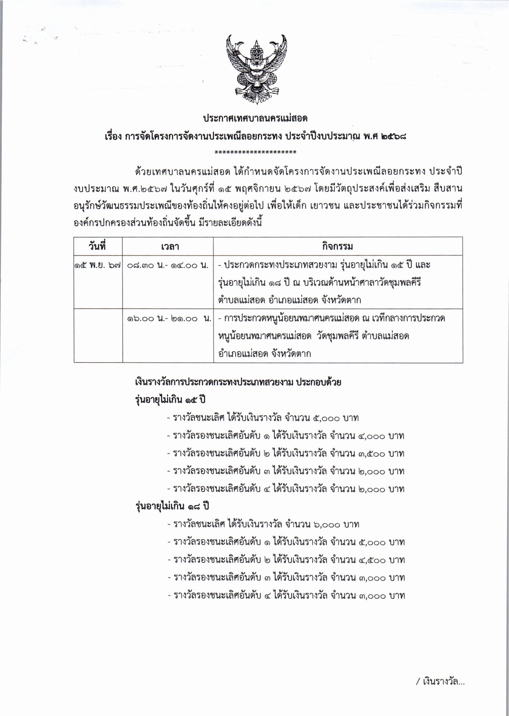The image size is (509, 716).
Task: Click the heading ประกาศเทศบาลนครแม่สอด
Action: pos(255,118)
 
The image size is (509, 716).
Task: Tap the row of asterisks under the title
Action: pos(255,152)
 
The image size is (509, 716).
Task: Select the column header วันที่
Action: pos(97,246)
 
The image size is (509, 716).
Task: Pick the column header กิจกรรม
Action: pos(338,247)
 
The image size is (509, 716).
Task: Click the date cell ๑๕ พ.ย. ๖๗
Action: pos(98,265)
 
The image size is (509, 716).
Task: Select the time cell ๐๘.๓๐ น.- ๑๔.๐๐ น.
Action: pos(168,265)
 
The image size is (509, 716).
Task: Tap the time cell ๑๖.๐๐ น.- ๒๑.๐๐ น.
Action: pos(168,319)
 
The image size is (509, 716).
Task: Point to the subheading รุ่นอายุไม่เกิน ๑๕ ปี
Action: pos(171,401)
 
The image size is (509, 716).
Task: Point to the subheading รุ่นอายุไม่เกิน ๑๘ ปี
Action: pos(172,507)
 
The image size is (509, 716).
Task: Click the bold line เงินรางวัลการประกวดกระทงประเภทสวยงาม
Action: pos(238,383)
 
